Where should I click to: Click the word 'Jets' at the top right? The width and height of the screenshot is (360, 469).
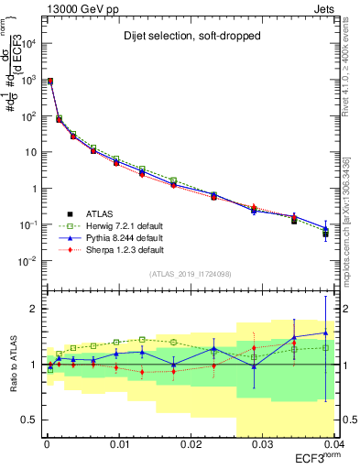click(324, 7)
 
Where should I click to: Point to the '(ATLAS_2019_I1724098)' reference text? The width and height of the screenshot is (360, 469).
click(190, 273)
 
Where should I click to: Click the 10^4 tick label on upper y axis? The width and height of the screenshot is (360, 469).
click(29, 44)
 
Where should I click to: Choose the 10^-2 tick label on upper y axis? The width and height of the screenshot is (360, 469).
click(29, 261)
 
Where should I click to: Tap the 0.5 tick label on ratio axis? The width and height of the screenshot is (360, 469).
click(29, 420)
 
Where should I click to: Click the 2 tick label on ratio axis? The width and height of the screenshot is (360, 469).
click(33, 309)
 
